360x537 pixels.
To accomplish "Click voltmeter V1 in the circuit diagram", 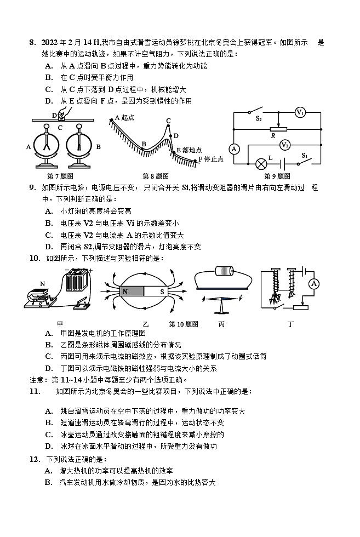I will coord(300,113).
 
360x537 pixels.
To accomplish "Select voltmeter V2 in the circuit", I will coord(284,145).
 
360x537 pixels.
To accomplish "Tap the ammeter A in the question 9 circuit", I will coord(234,148).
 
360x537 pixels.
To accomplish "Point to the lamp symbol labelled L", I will coord(262,163).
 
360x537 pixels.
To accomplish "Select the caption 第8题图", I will coord(155,176).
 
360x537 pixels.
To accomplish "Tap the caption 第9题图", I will coord(277,176).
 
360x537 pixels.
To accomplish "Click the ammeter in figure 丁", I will coord(313,283).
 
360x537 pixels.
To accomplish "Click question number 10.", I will coord(34,258).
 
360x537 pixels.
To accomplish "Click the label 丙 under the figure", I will coord(221,324).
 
